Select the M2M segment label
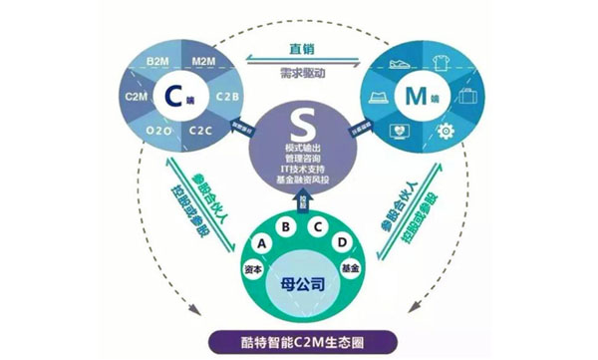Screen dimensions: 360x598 coord(199,63)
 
